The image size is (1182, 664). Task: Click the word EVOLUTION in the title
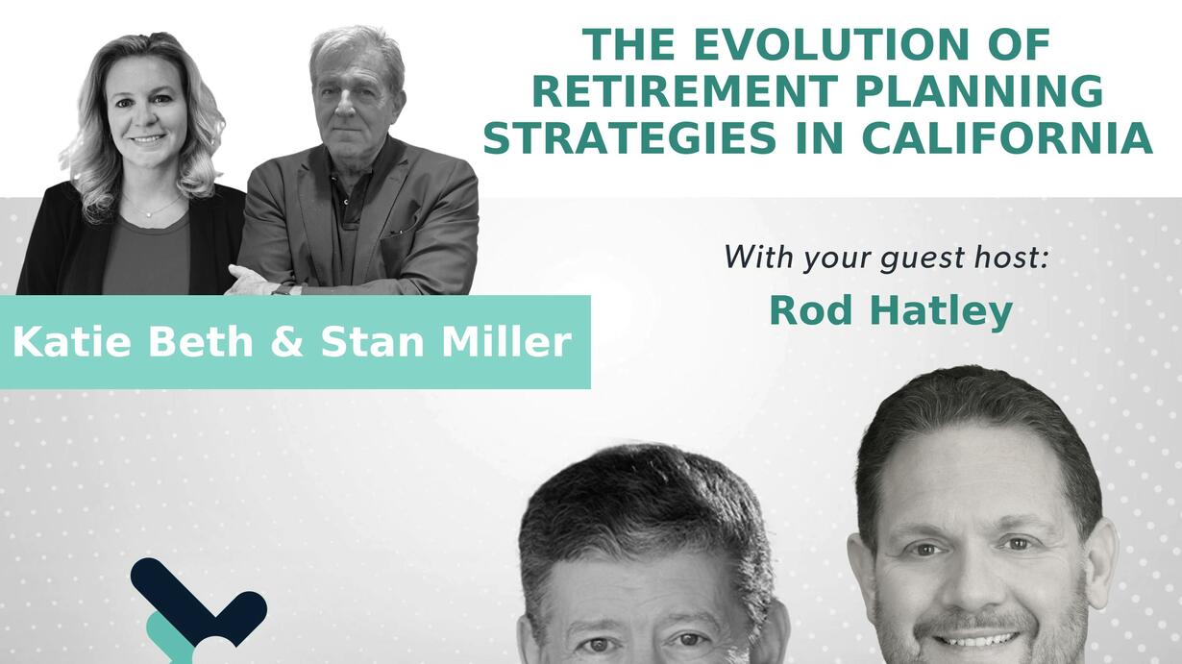point(831,44)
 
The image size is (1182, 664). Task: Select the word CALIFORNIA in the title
point(1007,138)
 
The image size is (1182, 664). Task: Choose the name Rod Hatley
point(891,311)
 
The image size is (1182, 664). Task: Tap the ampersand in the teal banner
point(286,341)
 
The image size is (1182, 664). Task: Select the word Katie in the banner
point(71,341)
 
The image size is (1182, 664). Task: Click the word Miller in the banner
point(506,341)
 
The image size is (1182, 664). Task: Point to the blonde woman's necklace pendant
point(149,214)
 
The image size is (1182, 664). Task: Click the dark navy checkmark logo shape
point(198,601)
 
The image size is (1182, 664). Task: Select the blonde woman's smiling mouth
point(147,139)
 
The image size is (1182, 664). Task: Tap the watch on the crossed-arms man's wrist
point(283,289)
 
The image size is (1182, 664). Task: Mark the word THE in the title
point(628,44)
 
